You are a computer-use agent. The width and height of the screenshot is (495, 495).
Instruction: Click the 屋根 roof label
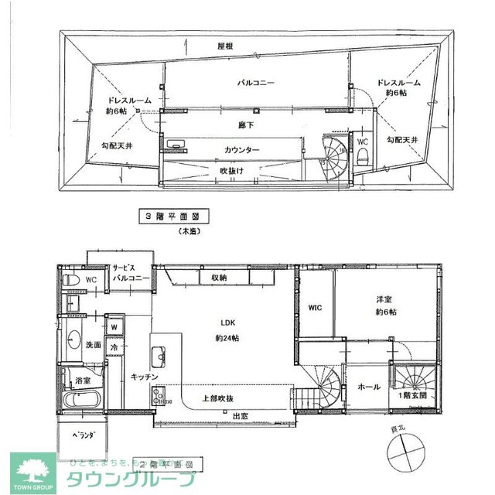point(226,46)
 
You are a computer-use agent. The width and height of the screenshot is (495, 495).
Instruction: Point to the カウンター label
point(242,149)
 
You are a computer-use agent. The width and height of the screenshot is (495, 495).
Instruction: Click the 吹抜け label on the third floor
point(233,170)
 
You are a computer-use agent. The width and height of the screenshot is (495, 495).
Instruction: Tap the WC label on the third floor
point(362,142)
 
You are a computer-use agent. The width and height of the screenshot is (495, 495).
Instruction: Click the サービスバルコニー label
point(128,270)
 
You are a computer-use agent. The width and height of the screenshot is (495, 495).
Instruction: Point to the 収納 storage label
point(218,277)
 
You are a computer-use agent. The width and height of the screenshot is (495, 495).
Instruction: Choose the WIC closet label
point(314,308)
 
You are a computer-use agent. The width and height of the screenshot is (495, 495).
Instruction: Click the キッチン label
point(144,377)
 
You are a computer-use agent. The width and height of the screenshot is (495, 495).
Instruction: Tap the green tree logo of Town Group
point(32,469)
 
